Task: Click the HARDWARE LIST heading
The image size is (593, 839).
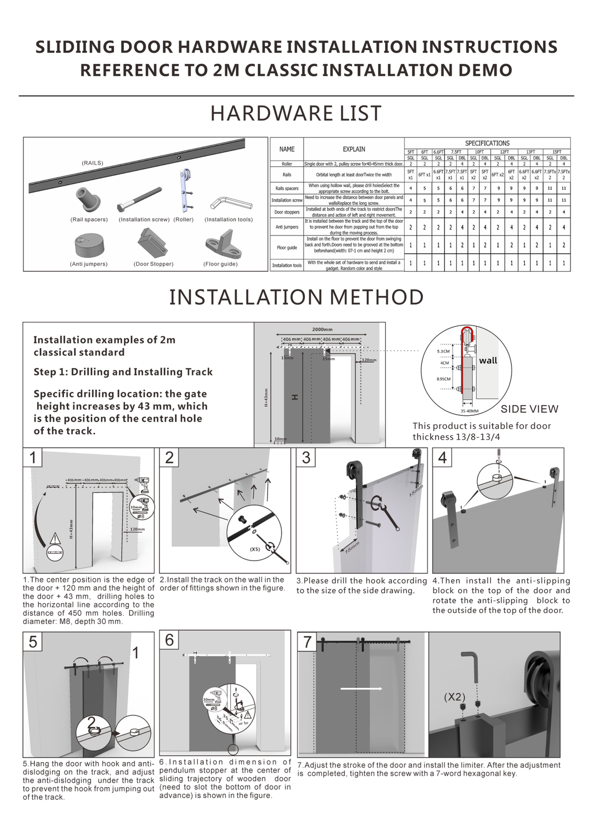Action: click(x=296, y=114)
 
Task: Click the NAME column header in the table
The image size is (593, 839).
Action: click(x=287, y=149)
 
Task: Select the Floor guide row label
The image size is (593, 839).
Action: click(x=287, y=247)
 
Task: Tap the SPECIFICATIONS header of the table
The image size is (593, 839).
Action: click(x=487, y=143)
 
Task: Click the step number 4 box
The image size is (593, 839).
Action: click(x=442, y=458)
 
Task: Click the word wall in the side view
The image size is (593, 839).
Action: click(x=488, y=361)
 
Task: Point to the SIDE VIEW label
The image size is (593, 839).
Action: click(x=529, y=409)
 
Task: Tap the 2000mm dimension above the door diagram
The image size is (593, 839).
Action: click(x=322, y=329)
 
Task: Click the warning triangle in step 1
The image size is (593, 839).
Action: click(x=55, y=539)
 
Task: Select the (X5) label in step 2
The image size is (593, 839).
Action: click(x=255, y=550)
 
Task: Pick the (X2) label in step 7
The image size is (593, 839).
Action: click(x=454, y=697)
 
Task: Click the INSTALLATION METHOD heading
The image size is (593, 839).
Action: click(x=296, y=297)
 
